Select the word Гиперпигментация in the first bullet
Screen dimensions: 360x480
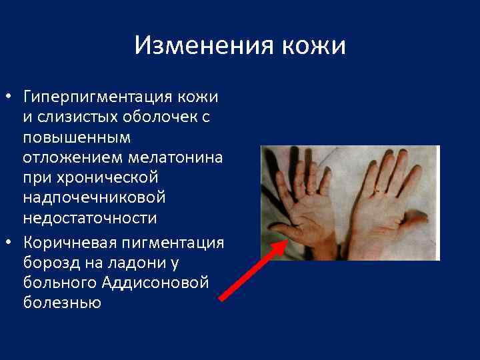pyautogui.click(x=96, y=97)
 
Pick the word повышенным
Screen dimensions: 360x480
pyautogui.click(x=77, y=139)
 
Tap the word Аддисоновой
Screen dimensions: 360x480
pyautogui.click(x=156, y=282)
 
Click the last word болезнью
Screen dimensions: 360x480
pyautogui.click(x=61, y=303)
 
